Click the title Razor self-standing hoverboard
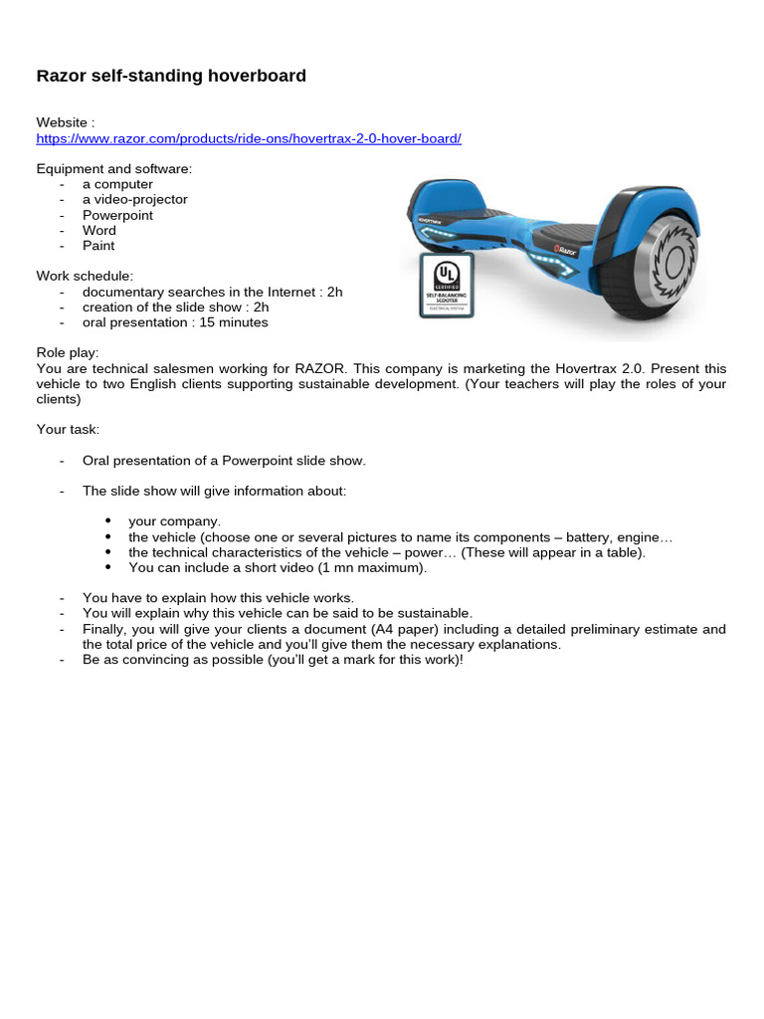click(171, 76)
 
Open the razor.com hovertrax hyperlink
click(249, 138)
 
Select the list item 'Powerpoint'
click(117, 215)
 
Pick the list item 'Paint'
click(98, 246)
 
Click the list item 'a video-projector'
click(134, 199)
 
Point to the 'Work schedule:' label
click(85, 276)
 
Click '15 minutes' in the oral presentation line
click(235, 322)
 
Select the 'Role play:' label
click(68, 353)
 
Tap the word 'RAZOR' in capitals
click(318, 368)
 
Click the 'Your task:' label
click(68, 430)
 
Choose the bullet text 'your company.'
click(174, 521)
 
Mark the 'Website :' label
click(66, 122)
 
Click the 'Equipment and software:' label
click(114, 169)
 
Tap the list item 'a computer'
click(117, 184)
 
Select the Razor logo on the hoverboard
click(565, 252)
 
